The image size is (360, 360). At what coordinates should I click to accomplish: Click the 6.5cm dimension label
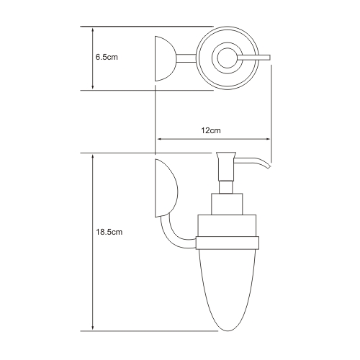pos(107,58)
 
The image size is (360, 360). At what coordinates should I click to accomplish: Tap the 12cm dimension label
pos(211,130)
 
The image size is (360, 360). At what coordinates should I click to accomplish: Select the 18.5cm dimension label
pos(109,232)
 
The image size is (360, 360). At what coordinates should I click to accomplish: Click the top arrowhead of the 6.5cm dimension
pos(93,30)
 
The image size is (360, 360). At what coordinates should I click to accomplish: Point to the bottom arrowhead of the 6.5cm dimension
pos(93,87)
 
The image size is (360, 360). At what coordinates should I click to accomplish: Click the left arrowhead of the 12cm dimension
pos(159,139)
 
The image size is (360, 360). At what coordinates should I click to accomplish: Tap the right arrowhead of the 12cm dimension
pos(267,139)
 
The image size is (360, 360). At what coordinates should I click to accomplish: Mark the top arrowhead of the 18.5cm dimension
pos(93,157)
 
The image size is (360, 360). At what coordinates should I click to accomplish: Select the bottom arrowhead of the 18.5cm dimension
pos(93,328)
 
